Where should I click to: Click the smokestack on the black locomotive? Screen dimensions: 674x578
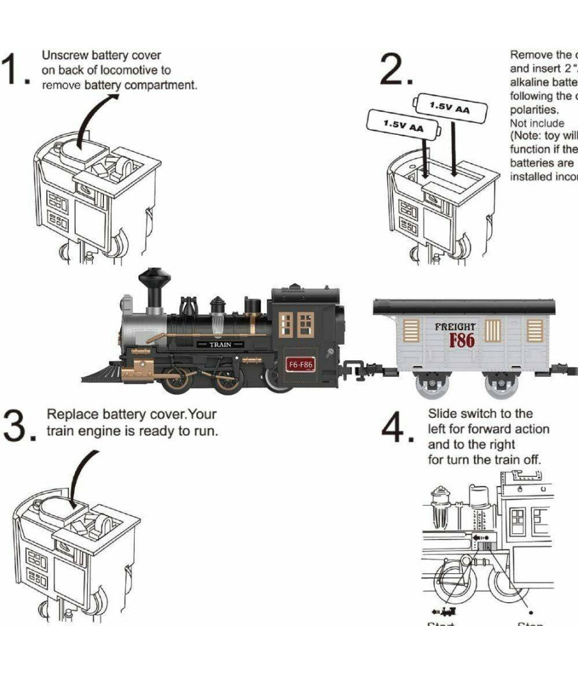point(155,289)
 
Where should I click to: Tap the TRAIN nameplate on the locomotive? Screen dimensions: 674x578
point(220,345)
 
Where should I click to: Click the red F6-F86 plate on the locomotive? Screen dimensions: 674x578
point(300,365)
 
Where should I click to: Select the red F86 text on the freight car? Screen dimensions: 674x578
point(462,340)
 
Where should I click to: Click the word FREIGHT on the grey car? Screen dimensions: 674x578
point(455,327)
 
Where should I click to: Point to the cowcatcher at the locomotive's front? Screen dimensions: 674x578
point(103,374)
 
